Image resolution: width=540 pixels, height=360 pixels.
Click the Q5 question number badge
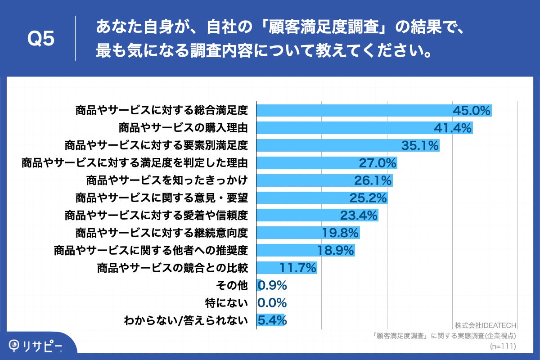(x=41, y=39)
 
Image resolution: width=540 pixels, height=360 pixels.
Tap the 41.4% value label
(x=452, y=128)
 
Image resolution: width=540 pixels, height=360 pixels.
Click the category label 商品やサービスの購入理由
(x=183, y=128)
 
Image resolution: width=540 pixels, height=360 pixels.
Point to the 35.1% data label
(x=419, y=145)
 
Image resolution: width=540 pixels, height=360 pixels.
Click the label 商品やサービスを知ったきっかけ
(x=167, y=180)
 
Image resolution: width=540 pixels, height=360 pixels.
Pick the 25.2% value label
(x=368, y=198)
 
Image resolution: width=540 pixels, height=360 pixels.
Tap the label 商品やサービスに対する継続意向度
(x=162, y=233)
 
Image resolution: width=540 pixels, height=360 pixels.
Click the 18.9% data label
(x=336, y=251)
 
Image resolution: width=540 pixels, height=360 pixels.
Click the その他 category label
(x=232, y=286)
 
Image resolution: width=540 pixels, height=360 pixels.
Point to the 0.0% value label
(x=272, y=303)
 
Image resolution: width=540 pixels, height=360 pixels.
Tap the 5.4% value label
(x=272, y=320)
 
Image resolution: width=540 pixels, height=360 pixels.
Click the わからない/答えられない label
(x=186, y=320)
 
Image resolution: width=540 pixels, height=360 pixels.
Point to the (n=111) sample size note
(x=502, y=346)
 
